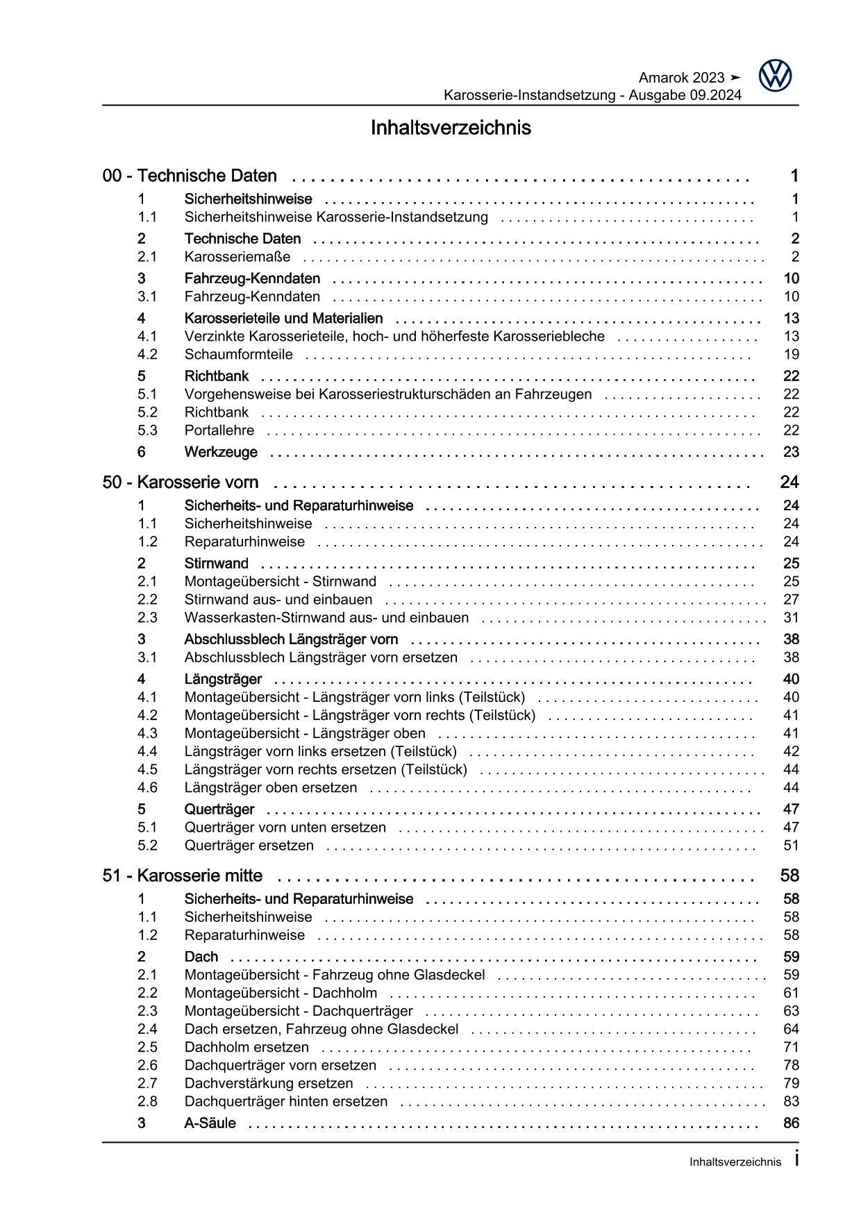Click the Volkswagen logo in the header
click(x=775, y=76)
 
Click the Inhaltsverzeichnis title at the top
click(x=451, y=128)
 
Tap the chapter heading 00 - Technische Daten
click(x=190, y=176)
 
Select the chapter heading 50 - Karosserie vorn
click(x=181, y=482)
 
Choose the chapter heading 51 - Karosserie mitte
click(x=183, y=876)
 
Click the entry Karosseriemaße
click(x=237, y=257)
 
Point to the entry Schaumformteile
click(x=238, y=355)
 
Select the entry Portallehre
click(x=219, y=430)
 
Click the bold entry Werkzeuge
click(x=221, y=453)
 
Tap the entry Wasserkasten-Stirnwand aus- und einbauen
click(x=326, y=618)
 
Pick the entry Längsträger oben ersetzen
click(x=271, y=788)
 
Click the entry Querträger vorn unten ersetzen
click(x=285, y=828)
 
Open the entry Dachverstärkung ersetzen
click(x=269, y=1084)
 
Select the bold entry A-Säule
click(x=210, y=1123)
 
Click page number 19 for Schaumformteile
click(x=791, y=355)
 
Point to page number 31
click(x=791, y=618)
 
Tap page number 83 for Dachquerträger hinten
click(x=791, y=1102)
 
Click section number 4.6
click(x=147, y=788)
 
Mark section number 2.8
click(x=147, y=1102)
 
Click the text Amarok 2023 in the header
click(x=681, y=78)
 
